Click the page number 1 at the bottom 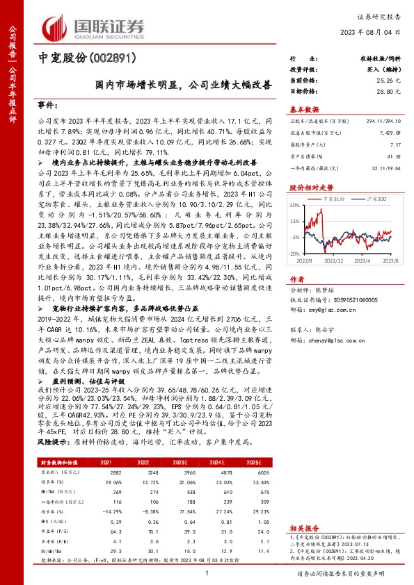click(207, 574)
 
